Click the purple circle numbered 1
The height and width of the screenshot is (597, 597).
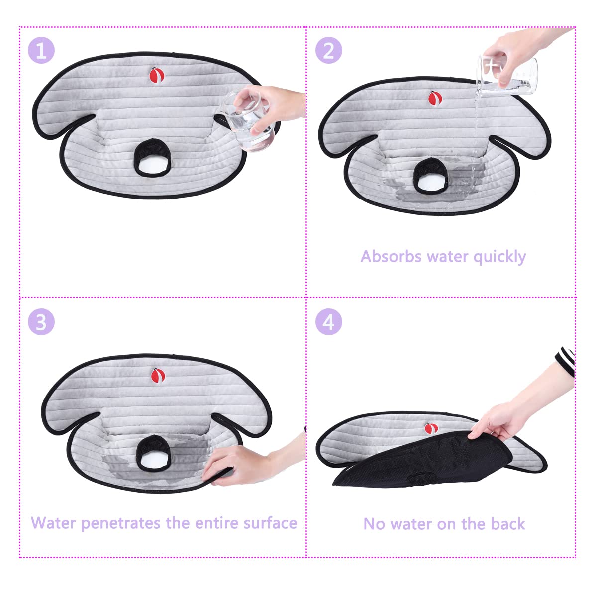coord(41,50)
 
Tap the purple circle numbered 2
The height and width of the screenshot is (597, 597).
coord(328,50)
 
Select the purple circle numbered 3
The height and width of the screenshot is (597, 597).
coord(41,322)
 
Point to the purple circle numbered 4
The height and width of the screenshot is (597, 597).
coord(328,322)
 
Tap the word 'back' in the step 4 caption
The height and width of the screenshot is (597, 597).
coord(507,524)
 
